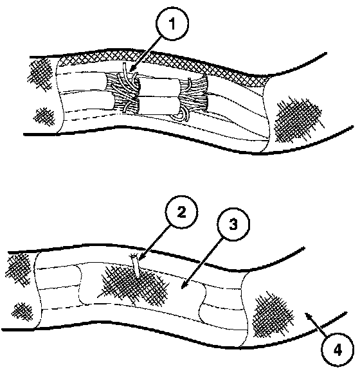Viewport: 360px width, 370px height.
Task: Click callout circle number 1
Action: [172, 24]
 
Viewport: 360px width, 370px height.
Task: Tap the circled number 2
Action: [181, 212]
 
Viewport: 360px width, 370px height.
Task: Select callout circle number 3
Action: [233, 224]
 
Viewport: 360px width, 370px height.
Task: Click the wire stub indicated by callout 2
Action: [136, 266]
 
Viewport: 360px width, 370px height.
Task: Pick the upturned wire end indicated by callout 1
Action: [125, 69]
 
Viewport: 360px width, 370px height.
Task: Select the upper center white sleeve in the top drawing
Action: [158, 87]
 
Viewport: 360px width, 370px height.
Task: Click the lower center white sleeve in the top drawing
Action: [158, 105]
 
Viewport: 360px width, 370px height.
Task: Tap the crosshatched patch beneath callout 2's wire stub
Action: [134, 285]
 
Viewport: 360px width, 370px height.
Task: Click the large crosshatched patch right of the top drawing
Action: [298, 120]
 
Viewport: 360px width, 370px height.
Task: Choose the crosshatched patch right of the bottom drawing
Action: [273, 315]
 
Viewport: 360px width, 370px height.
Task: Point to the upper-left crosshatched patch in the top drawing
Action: [39, 74]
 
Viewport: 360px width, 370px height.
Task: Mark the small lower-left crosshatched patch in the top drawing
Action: [44, 116]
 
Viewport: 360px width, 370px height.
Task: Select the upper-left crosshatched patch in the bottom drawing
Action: [18, 270]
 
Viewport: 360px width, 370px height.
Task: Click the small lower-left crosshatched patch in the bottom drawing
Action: [22, 311]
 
